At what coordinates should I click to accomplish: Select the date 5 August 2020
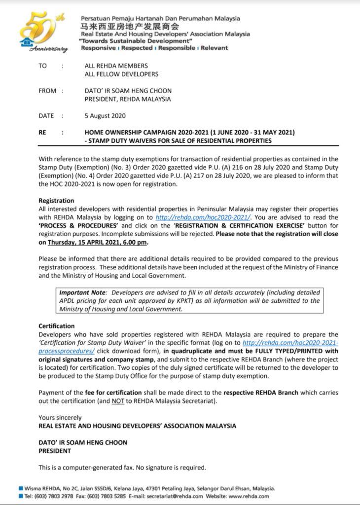105,116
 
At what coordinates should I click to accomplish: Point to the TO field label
42,66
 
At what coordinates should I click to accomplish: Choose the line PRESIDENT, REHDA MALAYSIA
128,99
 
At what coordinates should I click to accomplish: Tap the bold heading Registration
56,201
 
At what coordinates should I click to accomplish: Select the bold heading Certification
57,326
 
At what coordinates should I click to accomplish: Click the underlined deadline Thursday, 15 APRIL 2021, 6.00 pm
98,243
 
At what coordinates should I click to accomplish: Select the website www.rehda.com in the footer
249,496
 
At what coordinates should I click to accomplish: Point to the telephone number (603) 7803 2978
43,496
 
